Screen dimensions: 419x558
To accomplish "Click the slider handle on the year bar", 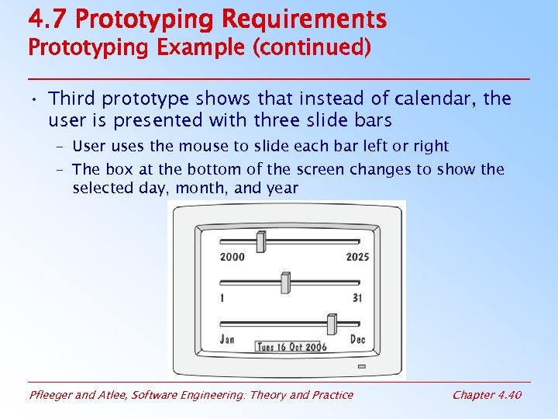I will coord(261,241).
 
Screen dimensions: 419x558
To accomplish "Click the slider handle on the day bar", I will coord(285,282).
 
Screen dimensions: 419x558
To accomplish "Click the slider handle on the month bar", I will coord(332,323).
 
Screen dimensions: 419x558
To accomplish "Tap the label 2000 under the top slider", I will coord(232,257).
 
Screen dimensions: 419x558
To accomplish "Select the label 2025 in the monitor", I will coord(357,257).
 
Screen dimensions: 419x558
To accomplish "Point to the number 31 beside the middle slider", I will coord(357,298).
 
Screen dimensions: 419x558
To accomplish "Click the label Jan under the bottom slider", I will coord(227,338).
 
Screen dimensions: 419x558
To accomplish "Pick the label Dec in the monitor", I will coord(358,339).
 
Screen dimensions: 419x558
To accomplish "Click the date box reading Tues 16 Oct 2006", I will coord(291,348).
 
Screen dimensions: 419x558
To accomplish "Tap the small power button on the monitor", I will coord(361,366).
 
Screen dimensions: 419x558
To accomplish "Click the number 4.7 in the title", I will coord(47,18).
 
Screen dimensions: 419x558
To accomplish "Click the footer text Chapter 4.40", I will coord(487,395).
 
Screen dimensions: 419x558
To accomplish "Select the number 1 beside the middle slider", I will coord(222,298).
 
